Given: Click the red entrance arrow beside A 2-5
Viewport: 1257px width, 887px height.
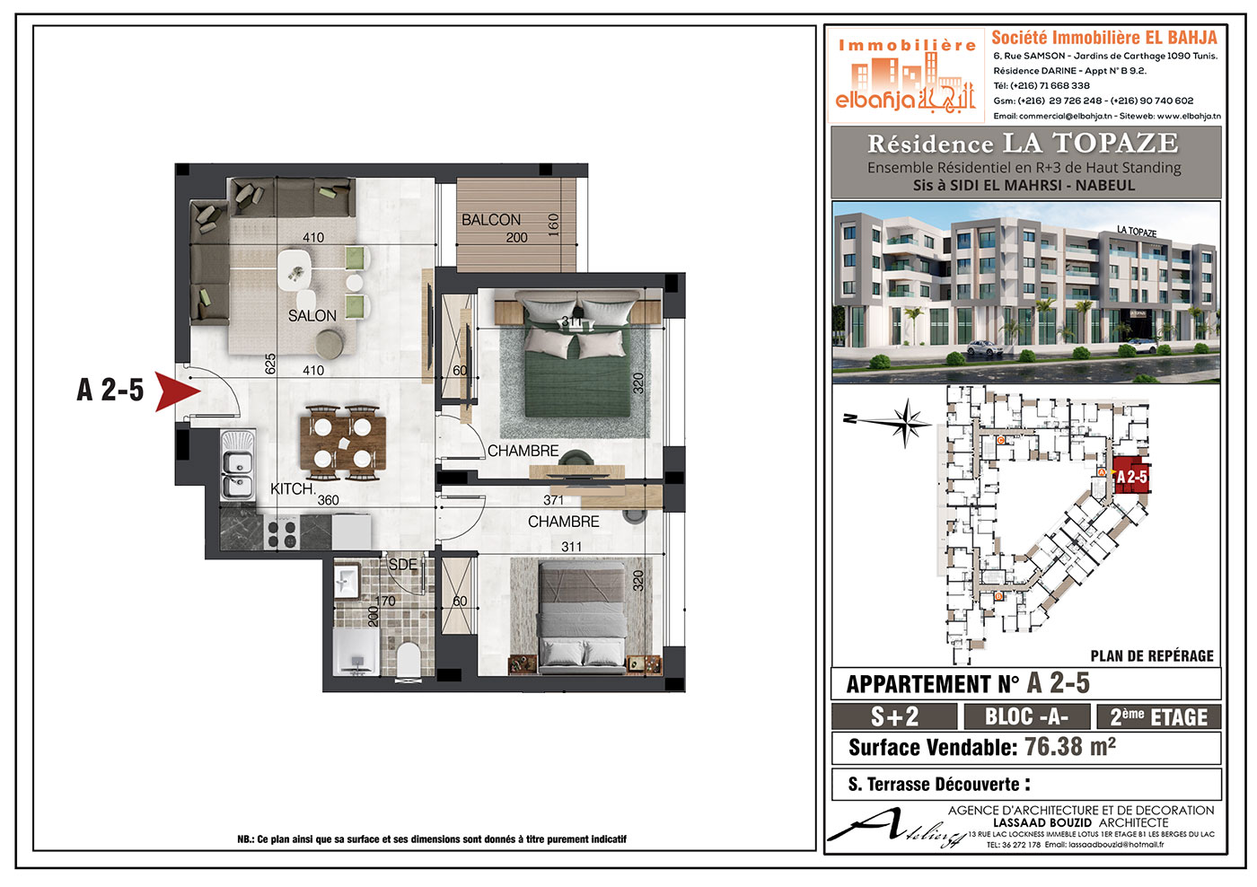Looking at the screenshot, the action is (x=174, y=391).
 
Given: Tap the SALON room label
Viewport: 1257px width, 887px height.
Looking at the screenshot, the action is (x=312, y=316).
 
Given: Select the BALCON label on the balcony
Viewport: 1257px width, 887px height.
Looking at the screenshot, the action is (x=491, y=220).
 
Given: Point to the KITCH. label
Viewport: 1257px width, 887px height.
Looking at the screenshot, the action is (x=293, y=488).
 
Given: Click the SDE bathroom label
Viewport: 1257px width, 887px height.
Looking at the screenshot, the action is (x=403, y=565).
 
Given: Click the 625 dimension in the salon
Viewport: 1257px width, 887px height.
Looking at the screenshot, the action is (x=270, y=364).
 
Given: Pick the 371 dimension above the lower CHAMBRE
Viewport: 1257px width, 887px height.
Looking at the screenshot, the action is (x=553, y=499).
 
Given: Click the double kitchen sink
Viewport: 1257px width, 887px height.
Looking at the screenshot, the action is (x=237, y=465).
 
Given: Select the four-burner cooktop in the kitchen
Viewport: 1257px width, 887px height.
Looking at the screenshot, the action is (x=282, y=533).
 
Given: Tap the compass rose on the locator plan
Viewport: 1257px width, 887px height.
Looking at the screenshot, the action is (x=905, y=423).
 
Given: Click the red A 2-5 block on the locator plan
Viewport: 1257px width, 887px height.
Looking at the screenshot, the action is (x=1130, y=475).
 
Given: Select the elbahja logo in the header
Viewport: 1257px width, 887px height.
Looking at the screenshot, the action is (x=906, y=75).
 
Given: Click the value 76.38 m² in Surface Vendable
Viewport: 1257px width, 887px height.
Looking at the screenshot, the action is (x=1070, y=747).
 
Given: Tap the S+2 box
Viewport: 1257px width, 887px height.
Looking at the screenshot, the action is (x=894, y=717).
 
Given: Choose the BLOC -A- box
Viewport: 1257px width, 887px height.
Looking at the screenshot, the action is (x=1026, y=717).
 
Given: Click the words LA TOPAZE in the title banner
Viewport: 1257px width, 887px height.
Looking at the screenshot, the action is (x=1090, y=143).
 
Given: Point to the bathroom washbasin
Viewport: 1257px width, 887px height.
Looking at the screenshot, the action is (x=346, y=582).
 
